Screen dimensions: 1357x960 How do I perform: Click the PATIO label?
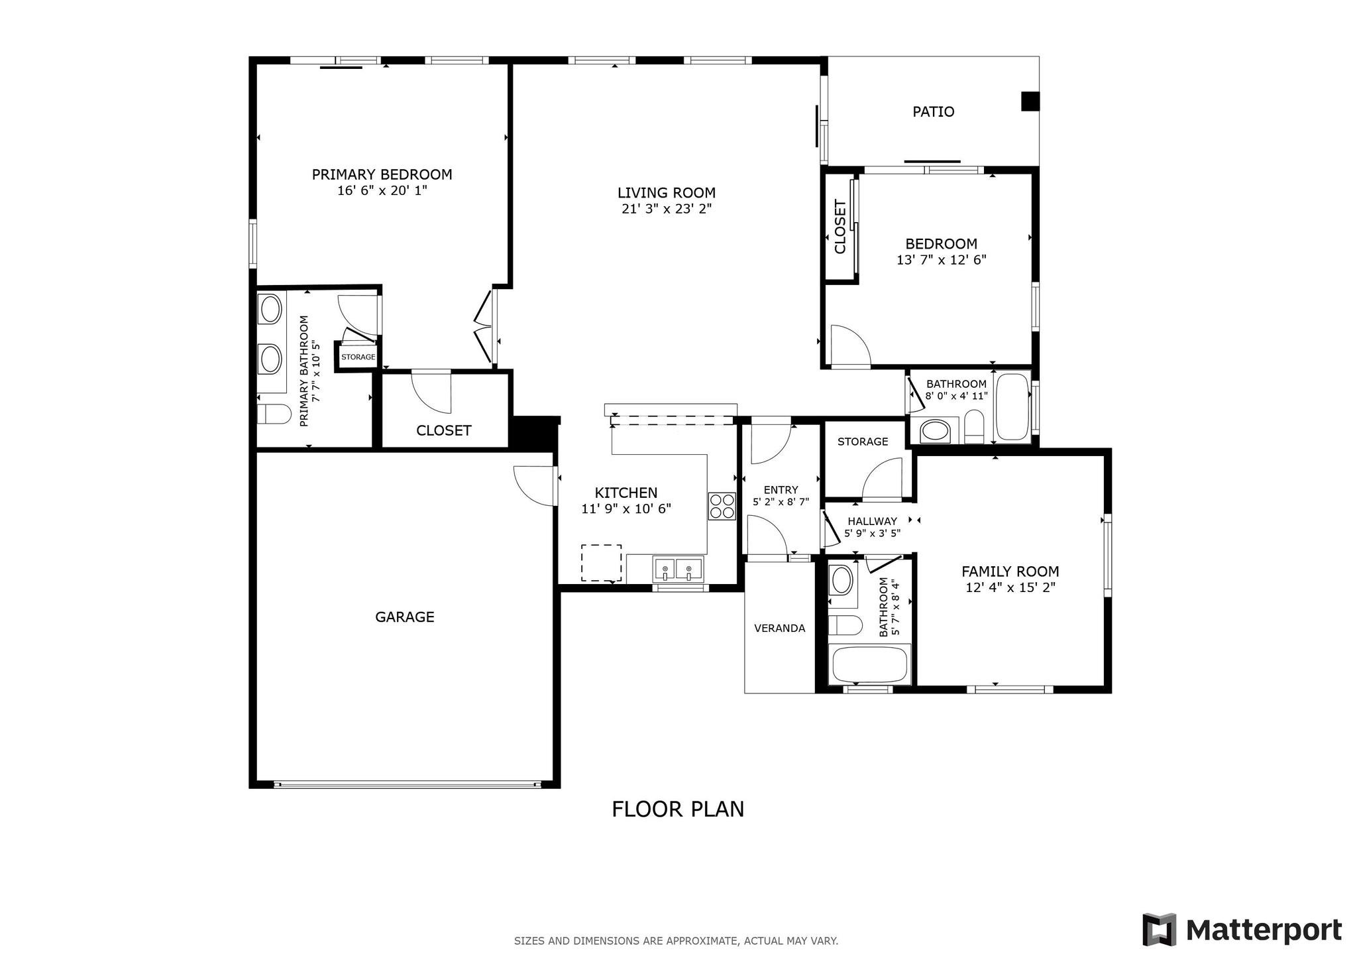coord(933,111)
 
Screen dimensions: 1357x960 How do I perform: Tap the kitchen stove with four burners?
coord(722,506)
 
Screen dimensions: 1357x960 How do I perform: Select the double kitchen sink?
coord(678,569)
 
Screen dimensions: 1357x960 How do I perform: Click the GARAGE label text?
coord(405,617)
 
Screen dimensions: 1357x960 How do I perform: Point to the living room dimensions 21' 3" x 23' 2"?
coord(667,209)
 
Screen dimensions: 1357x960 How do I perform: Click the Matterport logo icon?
coord(1159,930)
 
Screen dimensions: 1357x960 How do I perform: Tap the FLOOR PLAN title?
coord(678,810)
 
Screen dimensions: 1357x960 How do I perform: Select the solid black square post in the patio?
coord(1030,101)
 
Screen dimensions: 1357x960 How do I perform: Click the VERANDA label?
coord(779,628)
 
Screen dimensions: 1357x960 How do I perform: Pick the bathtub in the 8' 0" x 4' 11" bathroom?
coord(1013,407)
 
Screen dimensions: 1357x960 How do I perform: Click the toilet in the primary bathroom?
coord(274,414)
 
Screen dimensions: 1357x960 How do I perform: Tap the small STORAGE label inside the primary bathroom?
coord(358,357)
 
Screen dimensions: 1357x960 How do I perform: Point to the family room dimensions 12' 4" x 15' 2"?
coord(1010,587)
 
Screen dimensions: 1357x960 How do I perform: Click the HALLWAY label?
coord(872,521)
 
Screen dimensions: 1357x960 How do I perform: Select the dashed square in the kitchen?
coord(602,563)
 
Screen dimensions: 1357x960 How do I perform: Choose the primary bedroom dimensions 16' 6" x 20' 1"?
coord(382,191)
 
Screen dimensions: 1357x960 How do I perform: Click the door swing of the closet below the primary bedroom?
coord(431,392)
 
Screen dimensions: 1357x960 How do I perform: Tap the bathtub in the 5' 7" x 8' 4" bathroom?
coord(869,664)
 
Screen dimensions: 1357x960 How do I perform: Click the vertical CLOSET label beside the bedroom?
coord(840,227)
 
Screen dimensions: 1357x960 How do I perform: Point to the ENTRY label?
coord(781,491)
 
